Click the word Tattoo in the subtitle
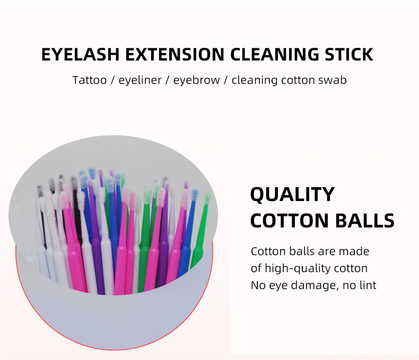click(89, 81)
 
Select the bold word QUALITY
click(292, 195)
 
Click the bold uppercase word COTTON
click(292, 221)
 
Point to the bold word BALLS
click(367, 221)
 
